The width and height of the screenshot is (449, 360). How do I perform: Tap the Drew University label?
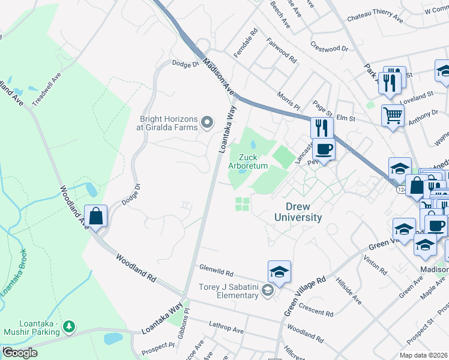point(299,212)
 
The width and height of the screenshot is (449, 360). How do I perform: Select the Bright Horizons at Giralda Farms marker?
point(208,123)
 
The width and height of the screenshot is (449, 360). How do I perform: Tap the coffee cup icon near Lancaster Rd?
point(324,149)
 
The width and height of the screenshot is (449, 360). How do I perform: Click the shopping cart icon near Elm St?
point(393,114)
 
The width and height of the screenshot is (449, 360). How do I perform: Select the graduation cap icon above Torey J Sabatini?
point(279,272)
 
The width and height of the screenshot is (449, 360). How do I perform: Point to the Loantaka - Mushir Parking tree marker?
point(70,326)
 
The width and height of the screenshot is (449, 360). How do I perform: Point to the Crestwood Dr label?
point(329,47)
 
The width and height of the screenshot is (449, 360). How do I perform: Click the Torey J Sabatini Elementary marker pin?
point(267,292)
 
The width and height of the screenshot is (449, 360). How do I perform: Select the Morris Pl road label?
point(288,101)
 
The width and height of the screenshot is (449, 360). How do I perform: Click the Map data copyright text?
point(423,355)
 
